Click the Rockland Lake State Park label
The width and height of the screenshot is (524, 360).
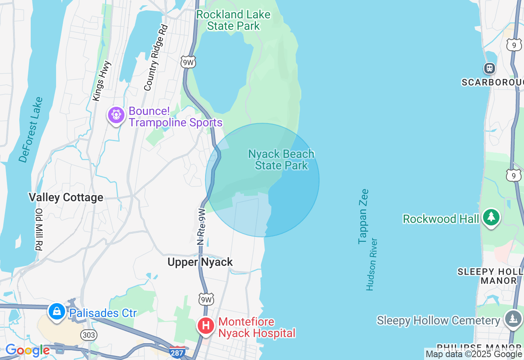tap(233, 20)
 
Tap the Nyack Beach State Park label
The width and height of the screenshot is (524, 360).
tap(281, 160)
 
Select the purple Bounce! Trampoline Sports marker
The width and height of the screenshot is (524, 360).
tap(116, 115)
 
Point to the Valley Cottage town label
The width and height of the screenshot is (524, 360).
tap(66, 198)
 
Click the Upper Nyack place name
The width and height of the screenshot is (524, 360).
tap(200, 262)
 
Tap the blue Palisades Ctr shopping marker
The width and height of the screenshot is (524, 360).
tap(57, 312)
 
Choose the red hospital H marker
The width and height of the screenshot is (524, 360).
tap(206, 326)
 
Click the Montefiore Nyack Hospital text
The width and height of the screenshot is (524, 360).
tap(257, 328)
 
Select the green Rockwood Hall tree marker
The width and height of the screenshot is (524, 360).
tap(491, 217)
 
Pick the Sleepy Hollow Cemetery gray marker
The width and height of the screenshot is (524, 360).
tap(513, 319)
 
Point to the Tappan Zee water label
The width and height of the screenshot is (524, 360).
tap(363, 216)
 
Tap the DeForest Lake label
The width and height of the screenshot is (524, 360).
tap(31, 130)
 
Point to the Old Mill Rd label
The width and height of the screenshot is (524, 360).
tap(39, 229)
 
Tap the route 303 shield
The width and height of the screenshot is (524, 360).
tap(89, 335)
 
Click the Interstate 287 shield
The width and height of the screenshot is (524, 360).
tap(177, 352)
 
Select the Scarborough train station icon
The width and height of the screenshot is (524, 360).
tap(489, 68)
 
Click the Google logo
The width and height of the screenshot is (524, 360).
tap(27, 350)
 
